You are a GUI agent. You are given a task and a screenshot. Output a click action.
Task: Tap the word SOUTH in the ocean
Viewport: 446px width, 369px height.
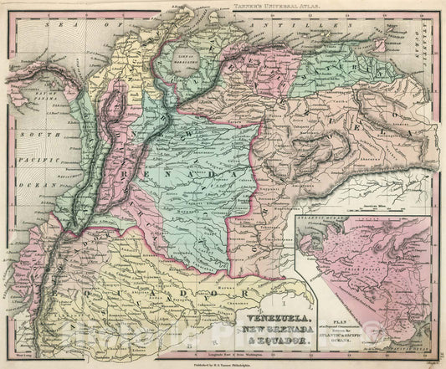pyautogui.click(x=30, y=135)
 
